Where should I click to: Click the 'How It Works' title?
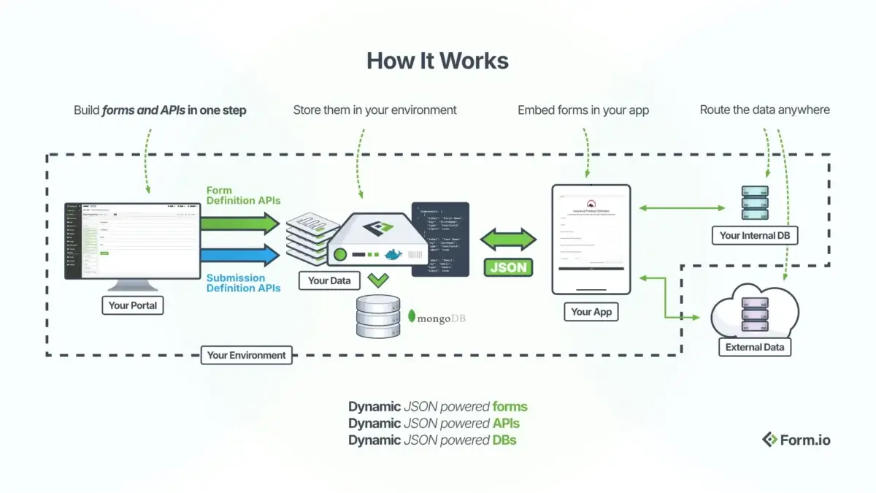point(437,60)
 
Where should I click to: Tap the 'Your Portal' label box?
point(132,305)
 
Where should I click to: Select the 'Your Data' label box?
point(328,280)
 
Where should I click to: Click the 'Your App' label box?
point(591,312)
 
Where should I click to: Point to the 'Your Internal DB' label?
point(754,235)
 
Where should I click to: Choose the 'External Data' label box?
point(754,348)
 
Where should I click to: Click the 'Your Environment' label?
point(246,356)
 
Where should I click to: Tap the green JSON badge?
point(508,267)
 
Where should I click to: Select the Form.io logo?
point(796,440)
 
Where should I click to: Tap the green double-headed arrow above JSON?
point(508,240)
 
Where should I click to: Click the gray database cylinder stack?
point(378,316)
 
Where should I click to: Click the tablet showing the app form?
point(591,240)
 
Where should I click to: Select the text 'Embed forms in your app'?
point(583,110)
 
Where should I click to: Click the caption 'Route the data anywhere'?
point(764,110)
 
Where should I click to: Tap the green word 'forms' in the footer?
point(510,407)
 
